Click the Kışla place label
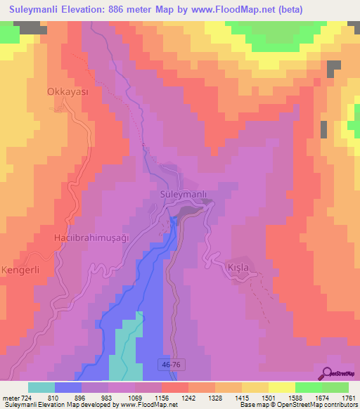point(239,268)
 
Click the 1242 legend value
point(188,398)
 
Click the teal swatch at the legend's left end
point(41,387)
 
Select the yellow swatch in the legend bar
point(281,387)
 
